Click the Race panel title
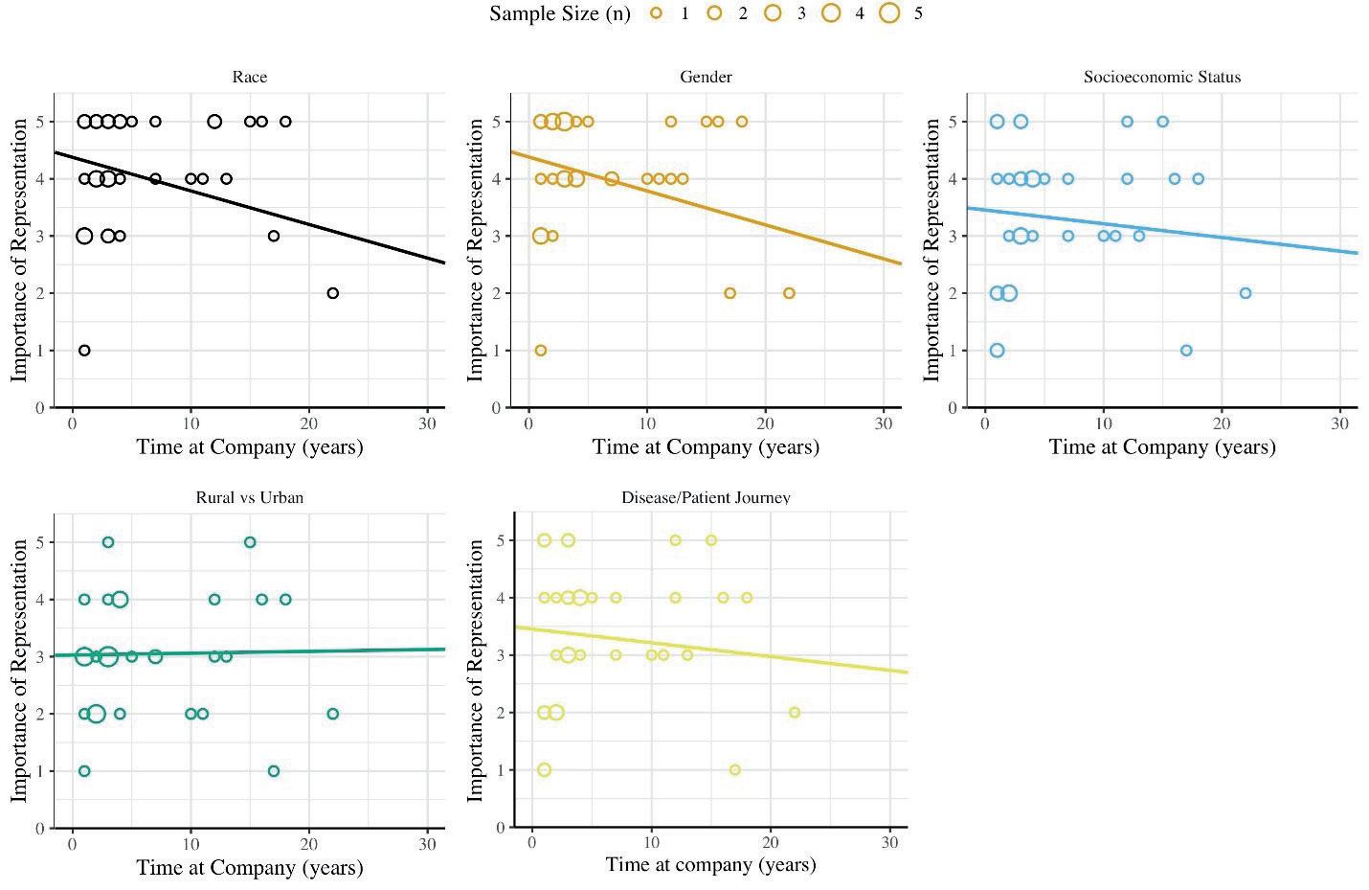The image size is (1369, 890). pos(249,78)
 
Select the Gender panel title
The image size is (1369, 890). pos(706,78)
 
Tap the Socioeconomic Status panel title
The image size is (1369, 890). pos(1161,78)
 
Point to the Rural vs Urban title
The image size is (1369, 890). pos(249,498)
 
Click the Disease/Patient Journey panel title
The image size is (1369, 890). pos(706,498)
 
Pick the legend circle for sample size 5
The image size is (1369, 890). pos(889,13)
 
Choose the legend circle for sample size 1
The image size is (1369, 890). pos(656,13)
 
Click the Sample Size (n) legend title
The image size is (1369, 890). pos(559,13)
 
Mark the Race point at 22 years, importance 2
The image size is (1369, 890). pos(332,293)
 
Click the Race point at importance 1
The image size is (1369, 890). pos(84,351)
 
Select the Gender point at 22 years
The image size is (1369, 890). pos(789,293)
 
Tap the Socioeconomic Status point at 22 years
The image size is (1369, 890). pos(1246,293)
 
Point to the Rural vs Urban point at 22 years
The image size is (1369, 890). pos(332,714)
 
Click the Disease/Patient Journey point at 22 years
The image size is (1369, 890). pos(794,713)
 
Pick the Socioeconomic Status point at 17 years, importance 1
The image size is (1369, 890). pos(1186,351)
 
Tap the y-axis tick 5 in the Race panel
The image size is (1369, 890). pos(40,122)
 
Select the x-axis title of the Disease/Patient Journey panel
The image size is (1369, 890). pos(710,865)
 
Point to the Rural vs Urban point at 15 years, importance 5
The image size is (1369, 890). pos(250,542)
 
